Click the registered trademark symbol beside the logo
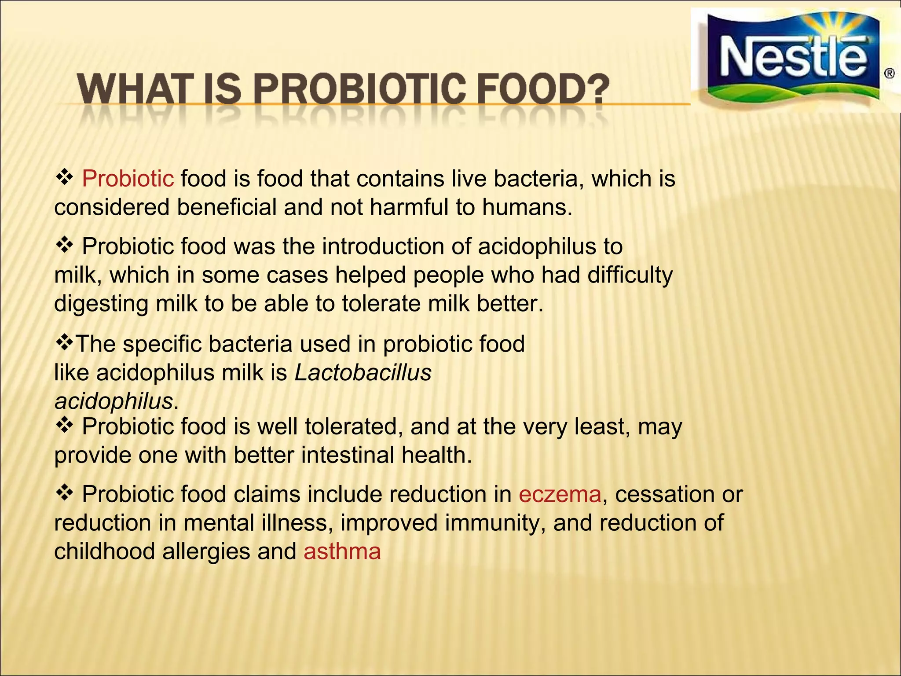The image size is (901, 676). tap(889, 73)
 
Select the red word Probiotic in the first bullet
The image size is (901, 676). tap(128, 179)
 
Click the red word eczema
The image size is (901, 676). tap(560, 494)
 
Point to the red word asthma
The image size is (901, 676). tap(342, 551)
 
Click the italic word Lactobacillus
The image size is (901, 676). tap(363, 373)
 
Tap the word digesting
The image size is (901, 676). tap(101, 304)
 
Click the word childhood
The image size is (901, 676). tap(104, 551)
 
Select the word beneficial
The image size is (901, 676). tap(227, 207)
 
